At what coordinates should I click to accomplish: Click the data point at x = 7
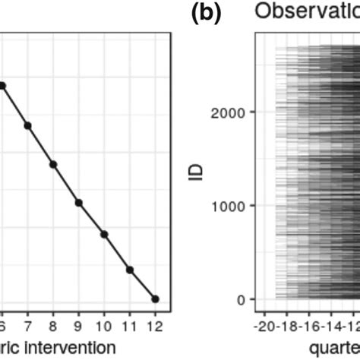[x=27, y=125]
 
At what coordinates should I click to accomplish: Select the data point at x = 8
[x=53, y=163]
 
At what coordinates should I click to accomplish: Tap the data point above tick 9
[x=78, y=202]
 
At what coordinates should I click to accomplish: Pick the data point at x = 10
[x=104, y=234]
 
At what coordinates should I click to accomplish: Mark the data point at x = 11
[x=130, y=269]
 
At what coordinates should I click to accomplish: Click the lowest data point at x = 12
[x=155, y=298]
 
